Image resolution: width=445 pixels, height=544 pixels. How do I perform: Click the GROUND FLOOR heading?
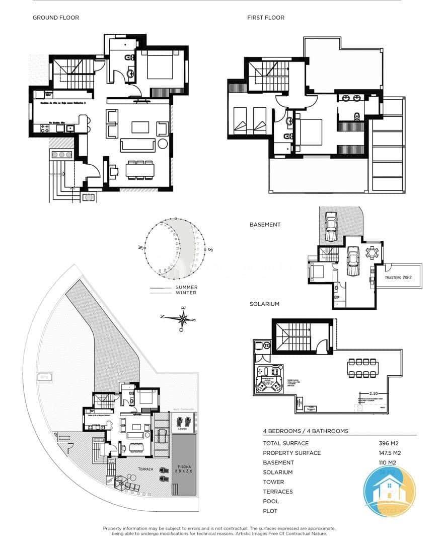pos(56,18)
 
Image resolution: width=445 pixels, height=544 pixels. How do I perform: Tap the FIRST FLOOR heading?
pos(266,18)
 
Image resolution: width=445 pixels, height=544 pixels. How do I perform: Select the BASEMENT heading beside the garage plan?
pos(265,225)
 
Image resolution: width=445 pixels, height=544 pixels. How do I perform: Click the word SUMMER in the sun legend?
pos(186,287)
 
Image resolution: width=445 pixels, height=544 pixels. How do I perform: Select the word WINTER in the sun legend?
pos(186,293)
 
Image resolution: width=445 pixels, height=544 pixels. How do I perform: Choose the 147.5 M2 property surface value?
pos(390,453)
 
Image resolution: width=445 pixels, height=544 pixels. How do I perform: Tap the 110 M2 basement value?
pos(389,462)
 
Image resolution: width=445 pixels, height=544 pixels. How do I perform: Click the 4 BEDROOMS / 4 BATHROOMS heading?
pos(306,431)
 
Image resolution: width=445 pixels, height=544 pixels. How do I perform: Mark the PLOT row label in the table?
pos(270,511)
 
